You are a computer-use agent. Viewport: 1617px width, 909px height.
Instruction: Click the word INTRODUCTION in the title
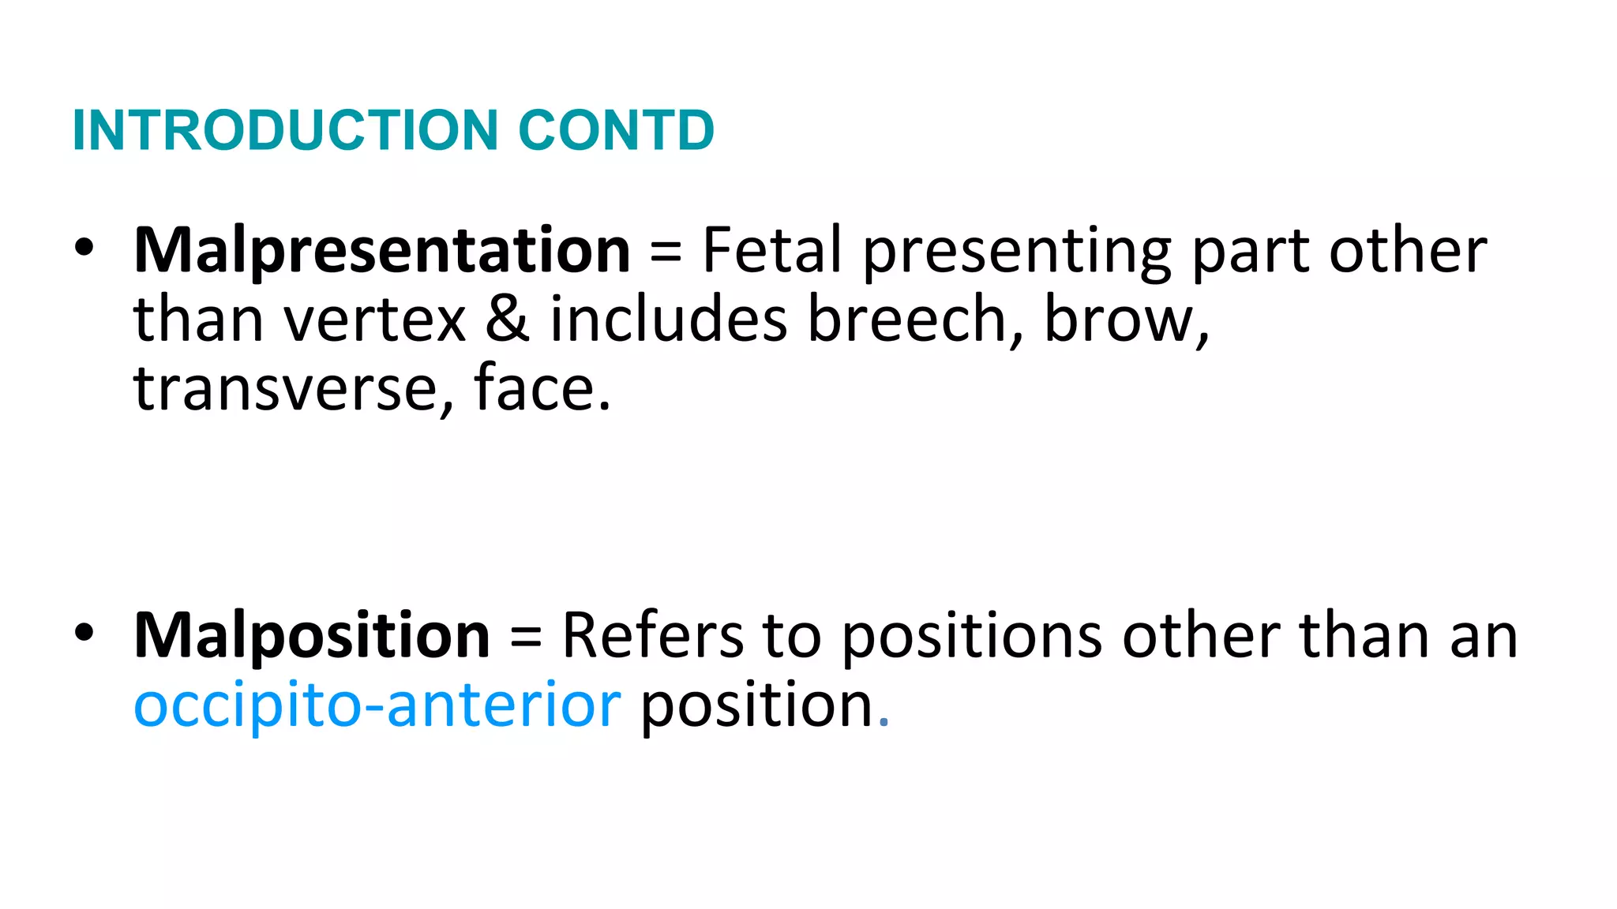click(284, 130)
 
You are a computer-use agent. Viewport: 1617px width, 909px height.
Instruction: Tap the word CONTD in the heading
click(616, 130)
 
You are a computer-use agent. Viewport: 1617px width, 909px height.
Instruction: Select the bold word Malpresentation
click(382, 251)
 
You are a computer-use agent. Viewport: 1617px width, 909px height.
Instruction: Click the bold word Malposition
click(312, 635)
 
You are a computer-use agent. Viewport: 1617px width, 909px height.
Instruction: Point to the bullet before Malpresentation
click(84, 248)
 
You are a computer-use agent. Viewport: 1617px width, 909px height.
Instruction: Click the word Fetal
click(772, 251)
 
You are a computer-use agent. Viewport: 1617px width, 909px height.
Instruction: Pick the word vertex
click(375, 320)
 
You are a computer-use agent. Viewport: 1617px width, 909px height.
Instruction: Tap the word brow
click(1124, 320)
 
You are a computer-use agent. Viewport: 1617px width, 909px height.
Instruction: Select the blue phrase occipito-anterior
click(377, 705)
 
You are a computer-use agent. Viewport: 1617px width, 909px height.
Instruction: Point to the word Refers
click(652, 635)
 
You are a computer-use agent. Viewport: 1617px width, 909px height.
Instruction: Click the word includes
click(669, 319)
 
